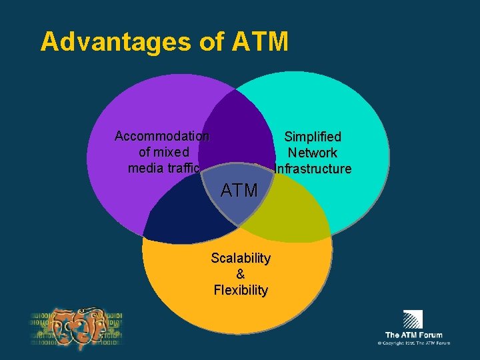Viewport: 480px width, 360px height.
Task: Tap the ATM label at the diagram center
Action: click(x=239, y=191)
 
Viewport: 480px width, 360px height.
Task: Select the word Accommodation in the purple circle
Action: click(x=161, y=137)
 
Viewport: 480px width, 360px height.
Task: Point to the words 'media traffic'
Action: click(x=163, y=168)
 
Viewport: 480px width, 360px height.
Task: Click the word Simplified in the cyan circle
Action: click(x=313, y=137)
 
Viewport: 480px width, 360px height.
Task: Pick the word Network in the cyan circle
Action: click(x=313, y=153)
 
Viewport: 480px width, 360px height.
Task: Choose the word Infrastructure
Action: click(x=313, y=169)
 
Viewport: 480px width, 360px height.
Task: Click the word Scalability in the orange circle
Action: click(x=241, y=258)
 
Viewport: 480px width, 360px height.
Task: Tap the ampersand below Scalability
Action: click(x=240, y=274)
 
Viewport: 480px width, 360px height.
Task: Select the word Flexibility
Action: click(x=241, y=290)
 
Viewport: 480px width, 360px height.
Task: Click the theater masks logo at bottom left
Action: click(x=77, y=328)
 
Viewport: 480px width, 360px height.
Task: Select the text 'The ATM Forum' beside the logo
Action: click(x=413, y=335)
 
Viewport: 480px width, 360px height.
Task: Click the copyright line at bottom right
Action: click(x=413, y=343)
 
